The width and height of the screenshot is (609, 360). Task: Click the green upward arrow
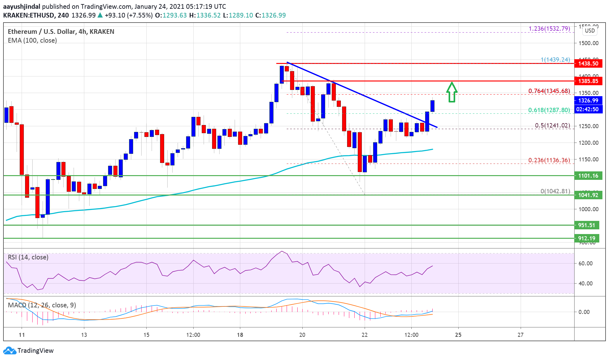451,92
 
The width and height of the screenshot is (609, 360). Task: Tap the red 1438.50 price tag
588,64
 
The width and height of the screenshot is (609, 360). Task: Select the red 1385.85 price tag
588,81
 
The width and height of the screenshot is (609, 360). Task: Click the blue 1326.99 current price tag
588,101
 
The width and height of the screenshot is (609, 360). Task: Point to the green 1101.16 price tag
588,176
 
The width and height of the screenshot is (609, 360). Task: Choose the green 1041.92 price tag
588,195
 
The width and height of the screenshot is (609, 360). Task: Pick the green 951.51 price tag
586,225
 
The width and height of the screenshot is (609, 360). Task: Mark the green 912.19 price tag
586,238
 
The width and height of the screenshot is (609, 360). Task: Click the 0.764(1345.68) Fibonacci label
549,91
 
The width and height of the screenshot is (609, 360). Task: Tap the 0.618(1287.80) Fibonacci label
549,110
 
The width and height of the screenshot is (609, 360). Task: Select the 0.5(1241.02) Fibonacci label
552,126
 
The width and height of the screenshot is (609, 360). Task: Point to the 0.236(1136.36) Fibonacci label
549,160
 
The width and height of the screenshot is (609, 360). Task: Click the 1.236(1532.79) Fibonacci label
549,29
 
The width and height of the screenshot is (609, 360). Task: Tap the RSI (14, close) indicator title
28,257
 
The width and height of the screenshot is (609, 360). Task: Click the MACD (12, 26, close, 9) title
42,305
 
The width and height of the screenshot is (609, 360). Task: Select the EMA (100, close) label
32,40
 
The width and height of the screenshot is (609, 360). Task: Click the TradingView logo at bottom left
29,350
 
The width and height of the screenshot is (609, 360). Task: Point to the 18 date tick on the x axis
240,335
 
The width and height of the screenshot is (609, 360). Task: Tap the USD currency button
590,31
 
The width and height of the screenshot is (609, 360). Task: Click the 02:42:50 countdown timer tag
588,109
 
